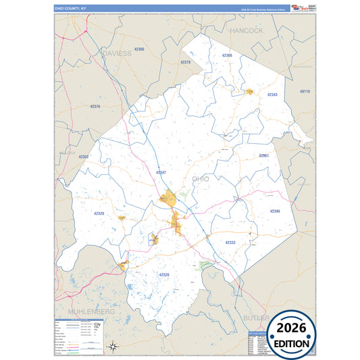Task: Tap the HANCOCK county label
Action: (246, 31)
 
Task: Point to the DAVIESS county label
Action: (116, 52)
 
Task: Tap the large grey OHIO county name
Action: (201, 178)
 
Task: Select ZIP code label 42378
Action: (186, 62)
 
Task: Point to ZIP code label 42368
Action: (227, 55)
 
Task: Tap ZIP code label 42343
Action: (272, 95)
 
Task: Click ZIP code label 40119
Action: (304, 91)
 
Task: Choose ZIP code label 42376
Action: (95, 106)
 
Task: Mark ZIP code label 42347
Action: (161, 172)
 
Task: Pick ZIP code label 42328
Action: (99, 213)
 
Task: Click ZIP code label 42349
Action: (275, 211)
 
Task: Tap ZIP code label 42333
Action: (230, 242)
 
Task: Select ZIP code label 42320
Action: (163, 274)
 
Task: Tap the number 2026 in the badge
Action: (292, 328)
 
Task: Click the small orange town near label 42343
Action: (249, 91)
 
